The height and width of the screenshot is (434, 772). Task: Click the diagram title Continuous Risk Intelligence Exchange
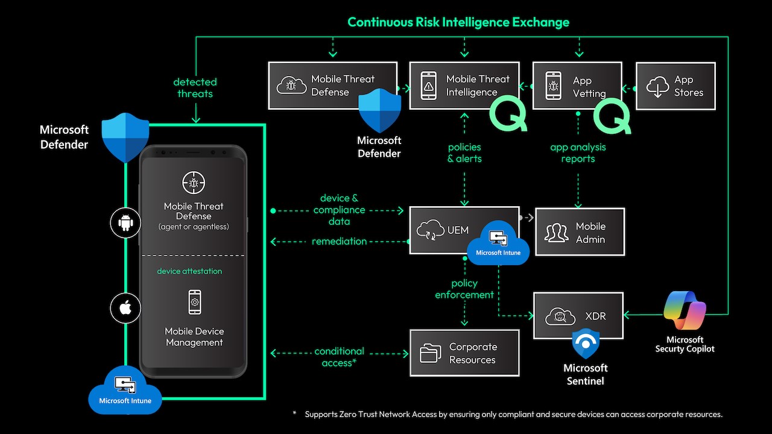pos(458,22)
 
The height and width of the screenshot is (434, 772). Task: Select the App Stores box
pos(675,86)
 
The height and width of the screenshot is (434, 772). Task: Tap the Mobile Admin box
pos(580,232)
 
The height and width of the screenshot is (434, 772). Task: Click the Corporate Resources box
pos(464,353)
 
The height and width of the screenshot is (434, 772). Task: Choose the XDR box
pos(578,315)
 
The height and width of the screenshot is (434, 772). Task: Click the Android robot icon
pos(125,223)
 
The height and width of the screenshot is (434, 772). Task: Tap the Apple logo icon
pos(125,308)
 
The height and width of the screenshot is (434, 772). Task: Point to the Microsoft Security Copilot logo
pos(685,310)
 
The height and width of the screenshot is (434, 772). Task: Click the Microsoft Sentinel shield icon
pos(586,344)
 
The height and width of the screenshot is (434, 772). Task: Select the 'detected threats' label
pos(195,88)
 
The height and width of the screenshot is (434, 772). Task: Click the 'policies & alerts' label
pos(464,153)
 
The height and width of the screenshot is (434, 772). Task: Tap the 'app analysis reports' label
pos(578,153)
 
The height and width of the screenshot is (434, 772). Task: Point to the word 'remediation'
pos(339,241)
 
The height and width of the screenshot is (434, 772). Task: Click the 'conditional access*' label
pos(339,357)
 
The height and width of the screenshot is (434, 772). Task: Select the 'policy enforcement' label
pos(464,289)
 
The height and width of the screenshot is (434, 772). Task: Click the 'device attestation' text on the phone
pos(189,271)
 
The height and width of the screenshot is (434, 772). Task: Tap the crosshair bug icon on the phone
pos(194,183)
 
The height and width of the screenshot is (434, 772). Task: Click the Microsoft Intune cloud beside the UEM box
pos(498,243)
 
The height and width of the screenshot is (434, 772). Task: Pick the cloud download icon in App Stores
pos(657,86)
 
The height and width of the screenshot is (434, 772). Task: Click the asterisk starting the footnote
pos(294,413)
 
